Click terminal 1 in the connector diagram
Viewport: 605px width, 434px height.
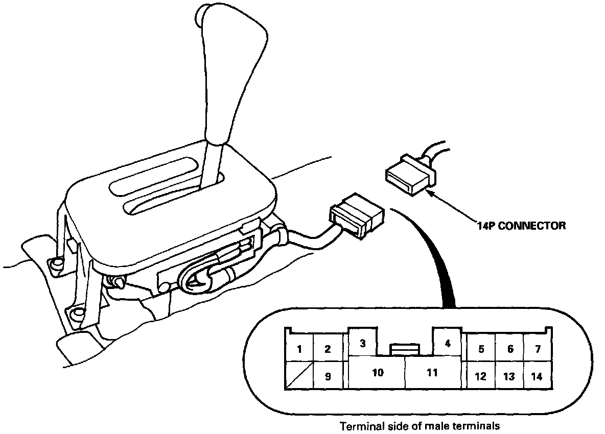(299, 349)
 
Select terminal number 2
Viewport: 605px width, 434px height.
(328, 349)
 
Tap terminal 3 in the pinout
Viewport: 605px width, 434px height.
(363, 343)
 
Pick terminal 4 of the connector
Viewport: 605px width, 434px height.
(448, 343)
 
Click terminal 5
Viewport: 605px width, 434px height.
(480, 349)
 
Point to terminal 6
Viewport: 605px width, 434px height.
(509, 349)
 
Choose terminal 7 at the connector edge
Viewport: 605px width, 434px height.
(537, 349)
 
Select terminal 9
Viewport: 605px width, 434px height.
(328, 377)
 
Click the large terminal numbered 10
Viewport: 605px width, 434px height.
(377, 373)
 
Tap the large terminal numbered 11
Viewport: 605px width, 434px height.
(432, 373)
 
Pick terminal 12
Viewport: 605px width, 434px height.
(480, 377)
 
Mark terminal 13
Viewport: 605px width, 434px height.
(509, 377)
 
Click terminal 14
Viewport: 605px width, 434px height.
(537, 377)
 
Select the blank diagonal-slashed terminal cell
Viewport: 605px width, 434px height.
(299, 377)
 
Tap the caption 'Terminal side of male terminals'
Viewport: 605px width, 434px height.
(420, 425)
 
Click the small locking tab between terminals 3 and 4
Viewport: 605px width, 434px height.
(405, 349)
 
